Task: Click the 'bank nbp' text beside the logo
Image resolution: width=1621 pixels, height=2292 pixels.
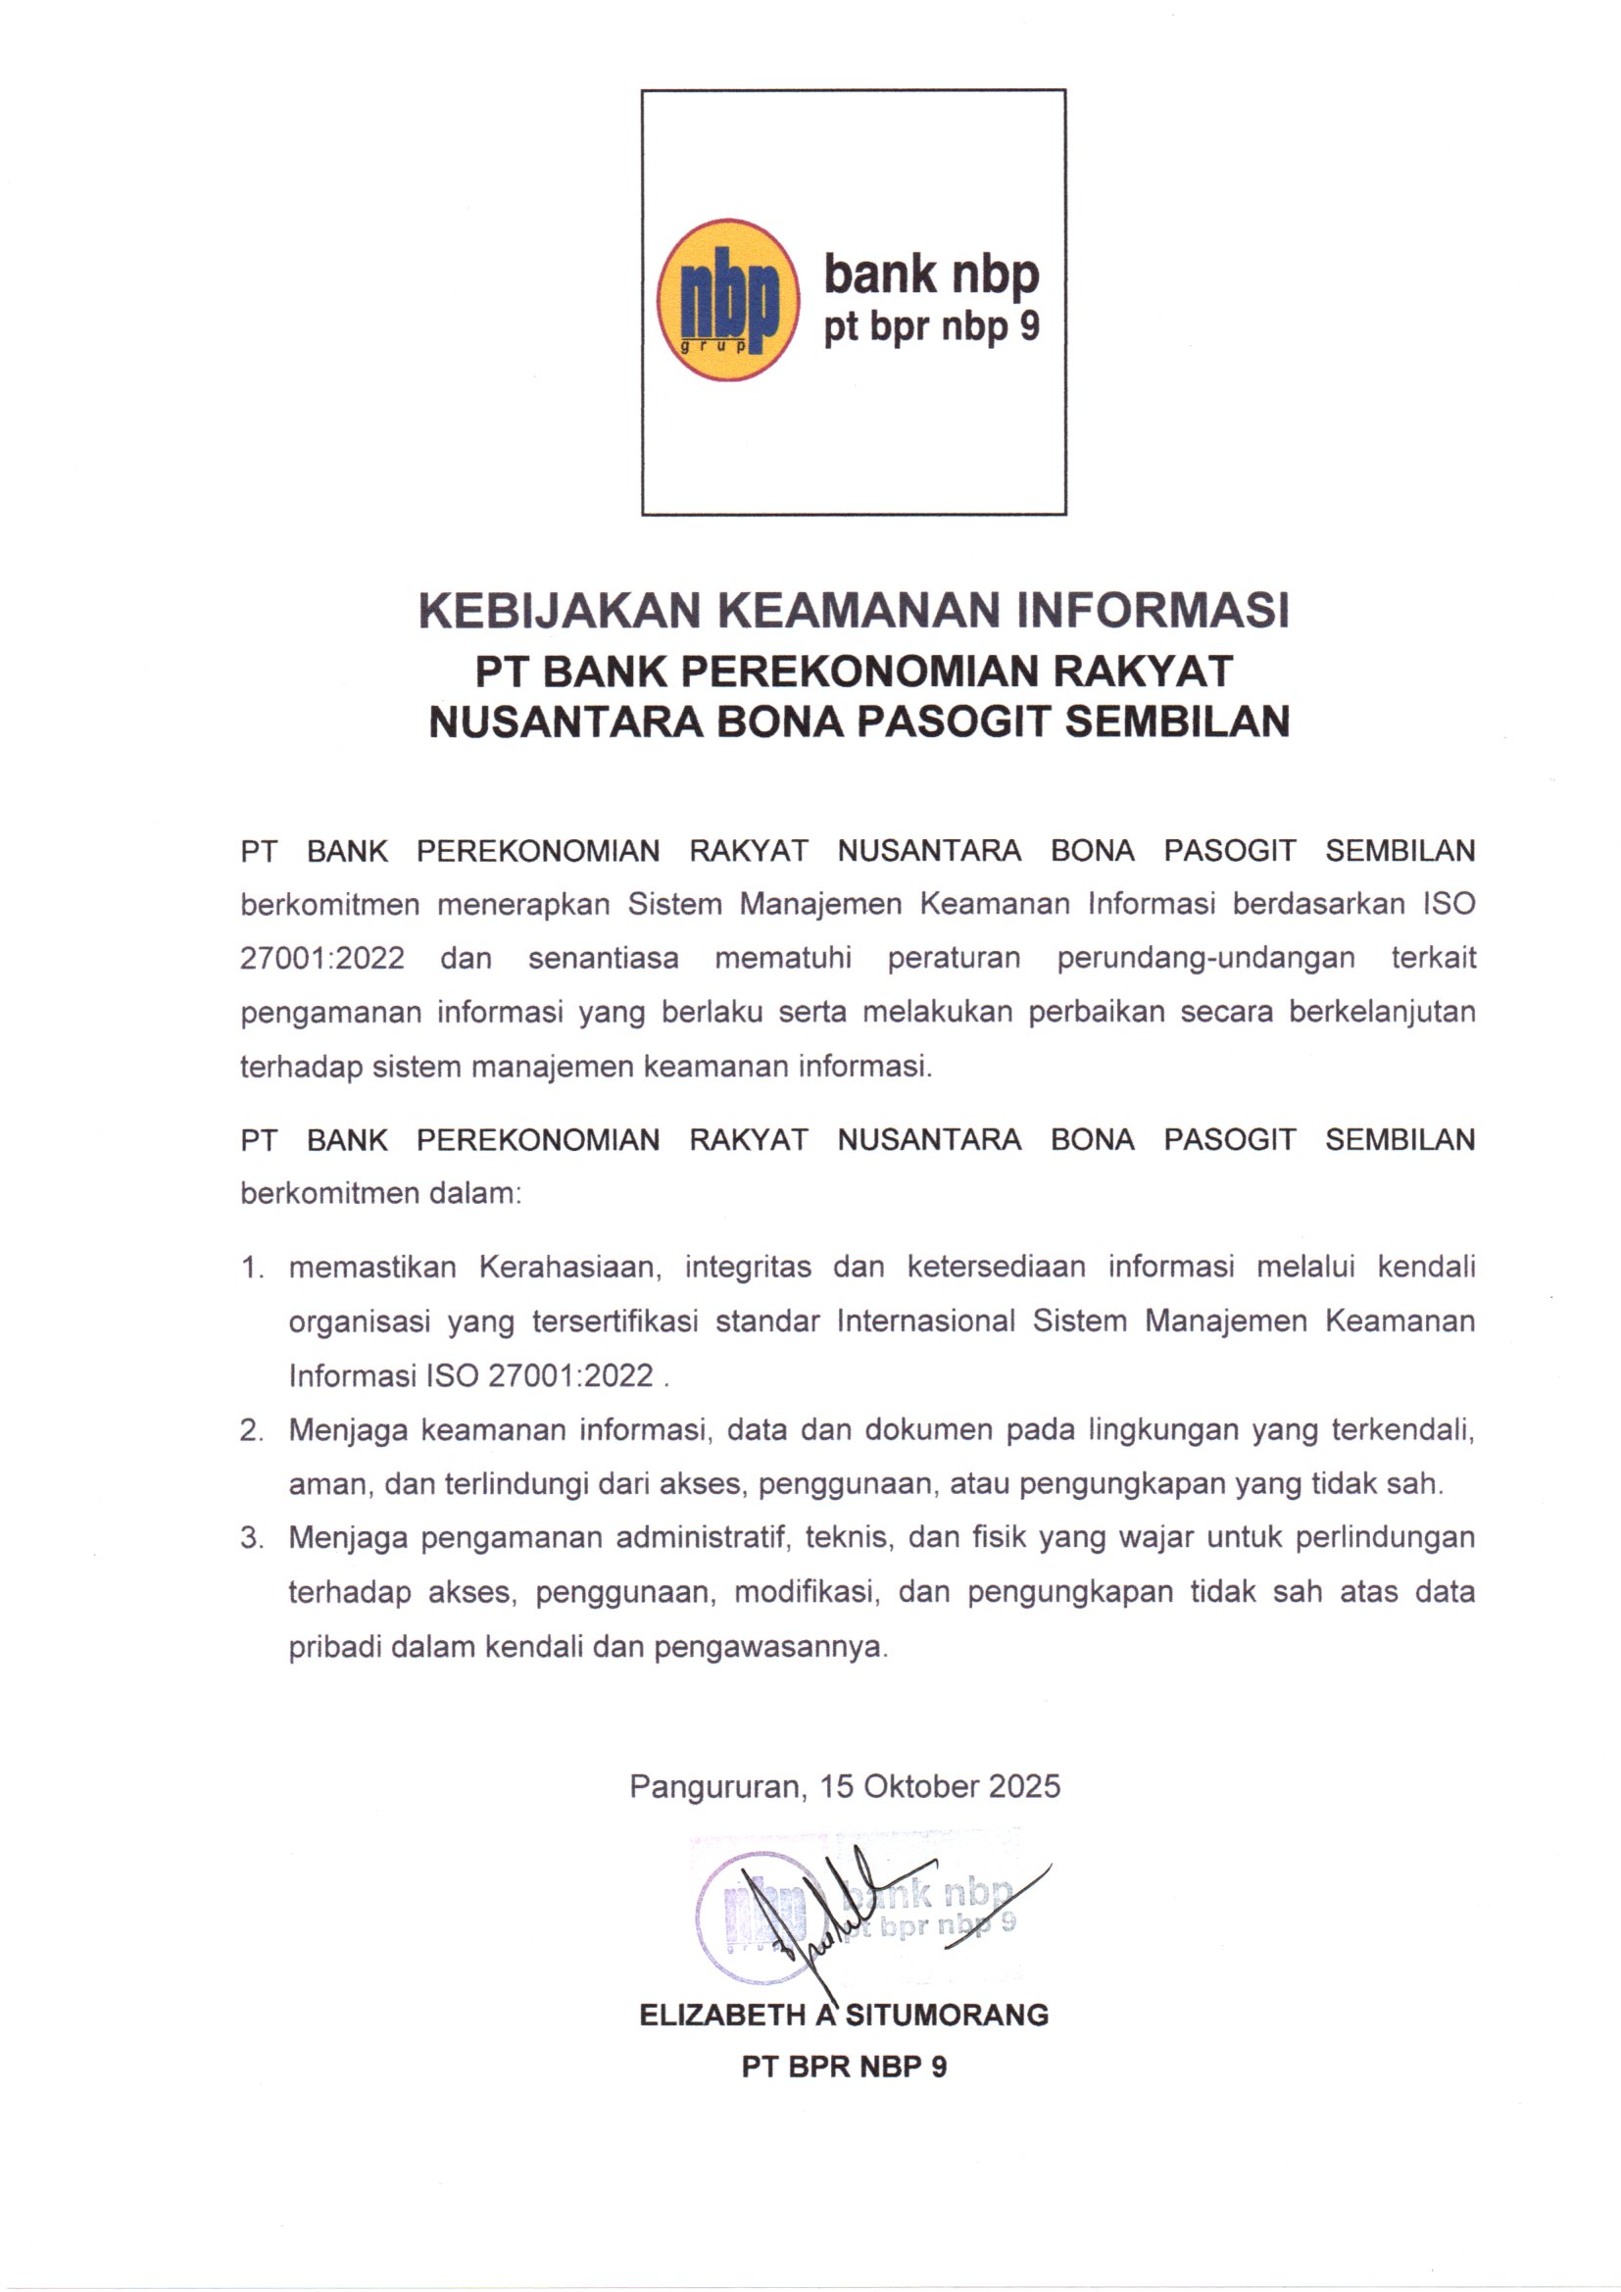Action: point(930,274)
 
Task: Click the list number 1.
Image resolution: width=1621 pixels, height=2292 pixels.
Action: point(251,1268)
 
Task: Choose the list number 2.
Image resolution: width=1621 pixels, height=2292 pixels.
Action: point(251,1430)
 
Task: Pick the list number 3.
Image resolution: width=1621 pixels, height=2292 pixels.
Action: point(251,1537)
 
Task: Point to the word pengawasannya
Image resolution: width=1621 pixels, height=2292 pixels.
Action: point(770,1646)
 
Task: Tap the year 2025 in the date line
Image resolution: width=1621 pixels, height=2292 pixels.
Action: point(1024,1786)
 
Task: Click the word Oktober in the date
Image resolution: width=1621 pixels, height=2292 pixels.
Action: point(920,1786)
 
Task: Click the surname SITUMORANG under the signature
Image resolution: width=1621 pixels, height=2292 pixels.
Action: point(948,2016)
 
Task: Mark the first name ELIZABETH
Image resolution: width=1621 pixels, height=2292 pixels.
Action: point(722,2016)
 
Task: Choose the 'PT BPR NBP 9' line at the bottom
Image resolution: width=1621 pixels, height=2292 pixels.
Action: point(844,2067)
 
